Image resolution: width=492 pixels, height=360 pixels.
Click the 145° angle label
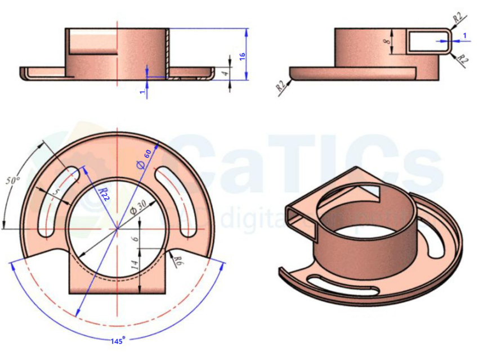pyautogui.click(x=117, y=341)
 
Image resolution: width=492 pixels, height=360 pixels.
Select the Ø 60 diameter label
pyautogui.click(x=142, y=160)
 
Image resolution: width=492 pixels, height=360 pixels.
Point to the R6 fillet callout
pyautogui.click(x=178, y=260)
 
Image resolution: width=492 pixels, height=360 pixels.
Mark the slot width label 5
pyautogui.click(x=55, y=191)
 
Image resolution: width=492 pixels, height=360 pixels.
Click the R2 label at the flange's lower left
pyautogui.click(x=280, y=86)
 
